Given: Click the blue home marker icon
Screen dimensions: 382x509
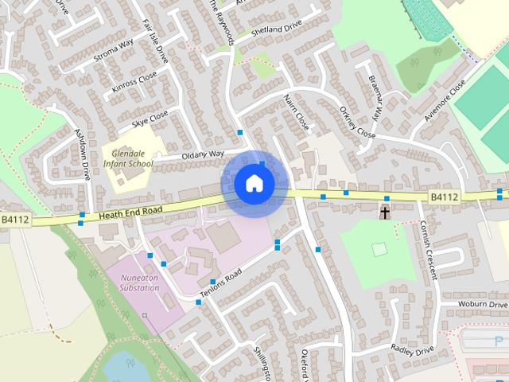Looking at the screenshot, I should coord(254,184).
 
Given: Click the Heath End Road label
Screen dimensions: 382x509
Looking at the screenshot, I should coord(130,212).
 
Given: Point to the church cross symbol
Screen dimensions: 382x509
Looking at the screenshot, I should coord(385,212).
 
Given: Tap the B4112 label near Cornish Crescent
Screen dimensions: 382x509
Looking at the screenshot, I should coord(445,197).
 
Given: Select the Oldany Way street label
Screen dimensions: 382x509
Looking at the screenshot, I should coord(203,154).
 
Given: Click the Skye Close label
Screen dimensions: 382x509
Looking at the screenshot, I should coord(150,119).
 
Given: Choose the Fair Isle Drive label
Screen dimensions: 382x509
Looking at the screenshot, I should coord(156,41).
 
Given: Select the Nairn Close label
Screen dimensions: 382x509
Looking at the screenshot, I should coord(296,111).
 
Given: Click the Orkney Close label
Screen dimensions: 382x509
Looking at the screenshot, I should coord(356,121).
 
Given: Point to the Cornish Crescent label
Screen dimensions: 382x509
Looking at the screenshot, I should coord(428,250).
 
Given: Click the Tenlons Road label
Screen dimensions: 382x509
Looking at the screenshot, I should coord(220,287).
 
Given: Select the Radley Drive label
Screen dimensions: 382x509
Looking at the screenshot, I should coord(412,349).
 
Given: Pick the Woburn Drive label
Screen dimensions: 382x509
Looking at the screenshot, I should coord(482,304).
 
